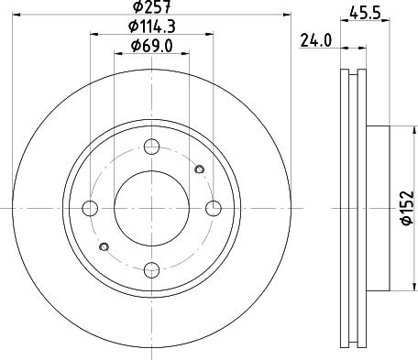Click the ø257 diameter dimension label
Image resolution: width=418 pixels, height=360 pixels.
pos(152,6)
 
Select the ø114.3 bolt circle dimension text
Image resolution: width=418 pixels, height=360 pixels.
pos(152,27)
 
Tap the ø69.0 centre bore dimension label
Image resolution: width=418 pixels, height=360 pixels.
pos(152,46)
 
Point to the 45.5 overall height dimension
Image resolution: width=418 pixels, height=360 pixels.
pos(365,13)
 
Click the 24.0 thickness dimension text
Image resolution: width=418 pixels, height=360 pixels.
pos(316,40)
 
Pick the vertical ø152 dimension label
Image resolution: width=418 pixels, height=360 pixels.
pos(408,208)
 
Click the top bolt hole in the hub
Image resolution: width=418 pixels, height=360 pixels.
pos(151,147)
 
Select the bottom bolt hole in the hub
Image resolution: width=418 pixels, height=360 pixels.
pos(151,270)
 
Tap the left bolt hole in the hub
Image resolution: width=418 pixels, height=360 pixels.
pos(90,208)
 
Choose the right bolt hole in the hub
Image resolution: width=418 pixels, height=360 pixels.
pos(214,208)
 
